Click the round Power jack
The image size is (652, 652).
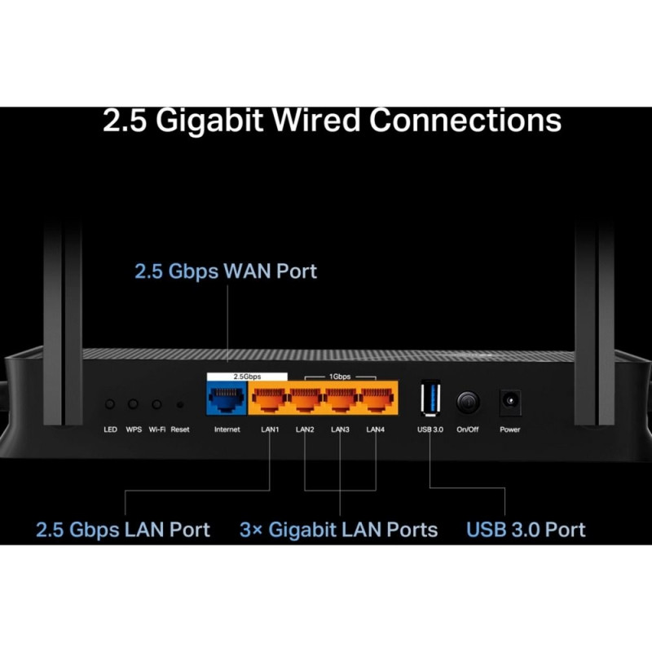510,402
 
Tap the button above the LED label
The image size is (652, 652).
110,403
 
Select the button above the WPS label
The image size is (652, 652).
133,403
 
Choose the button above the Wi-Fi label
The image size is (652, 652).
156,403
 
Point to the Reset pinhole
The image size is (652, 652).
180,403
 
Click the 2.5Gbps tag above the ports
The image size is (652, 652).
247,377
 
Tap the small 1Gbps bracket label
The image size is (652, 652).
341,377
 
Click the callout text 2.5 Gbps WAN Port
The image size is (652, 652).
226,271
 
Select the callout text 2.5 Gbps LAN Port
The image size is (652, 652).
123,530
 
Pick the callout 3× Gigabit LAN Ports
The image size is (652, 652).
338,530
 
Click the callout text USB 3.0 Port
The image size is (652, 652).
526,530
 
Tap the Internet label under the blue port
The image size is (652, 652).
227,430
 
